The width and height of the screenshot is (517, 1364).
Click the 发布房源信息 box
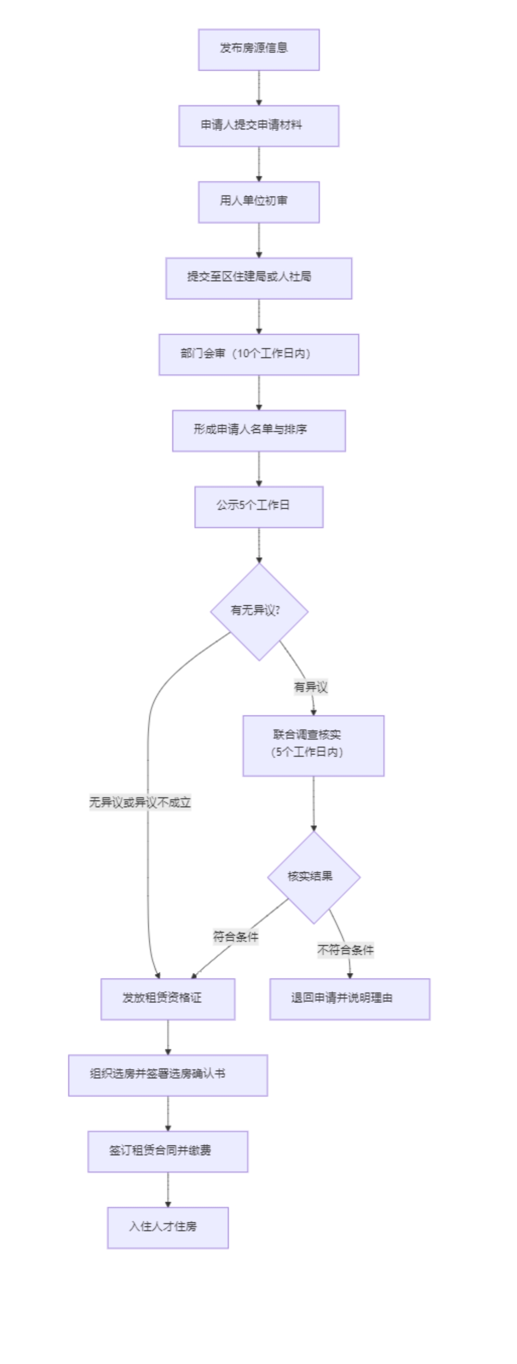[259, 49]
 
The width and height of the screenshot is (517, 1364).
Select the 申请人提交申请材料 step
[259, 126]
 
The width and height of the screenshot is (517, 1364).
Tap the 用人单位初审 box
[259, 202]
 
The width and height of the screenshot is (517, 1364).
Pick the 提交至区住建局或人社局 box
[259, 278]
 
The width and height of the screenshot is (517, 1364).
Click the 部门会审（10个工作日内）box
[259, 354]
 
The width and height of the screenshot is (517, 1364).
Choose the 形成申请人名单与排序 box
[259, 430]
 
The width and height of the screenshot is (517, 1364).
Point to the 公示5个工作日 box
[259, 507]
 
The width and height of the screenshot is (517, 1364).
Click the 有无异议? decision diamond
[259, 611]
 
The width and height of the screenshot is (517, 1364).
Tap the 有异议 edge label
[311, 687]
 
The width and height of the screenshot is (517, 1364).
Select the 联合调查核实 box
[313, 746]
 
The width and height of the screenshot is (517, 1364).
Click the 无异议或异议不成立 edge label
[140, 802]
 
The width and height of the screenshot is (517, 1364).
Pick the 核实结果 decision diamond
[313, 877]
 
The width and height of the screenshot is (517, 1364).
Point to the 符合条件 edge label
[236, 937]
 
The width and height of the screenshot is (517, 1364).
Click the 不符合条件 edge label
[345, 950]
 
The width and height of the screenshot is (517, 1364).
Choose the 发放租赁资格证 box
[168, 999]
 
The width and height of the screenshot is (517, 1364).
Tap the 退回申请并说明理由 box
[349, 999]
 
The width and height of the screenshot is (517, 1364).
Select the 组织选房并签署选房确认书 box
[168, 1075]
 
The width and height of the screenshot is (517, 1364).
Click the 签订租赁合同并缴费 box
[168, 1151]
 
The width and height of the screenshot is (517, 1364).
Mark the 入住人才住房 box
[168, 1227]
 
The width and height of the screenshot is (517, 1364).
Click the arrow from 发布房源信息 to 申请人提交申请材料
[259, 87]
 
